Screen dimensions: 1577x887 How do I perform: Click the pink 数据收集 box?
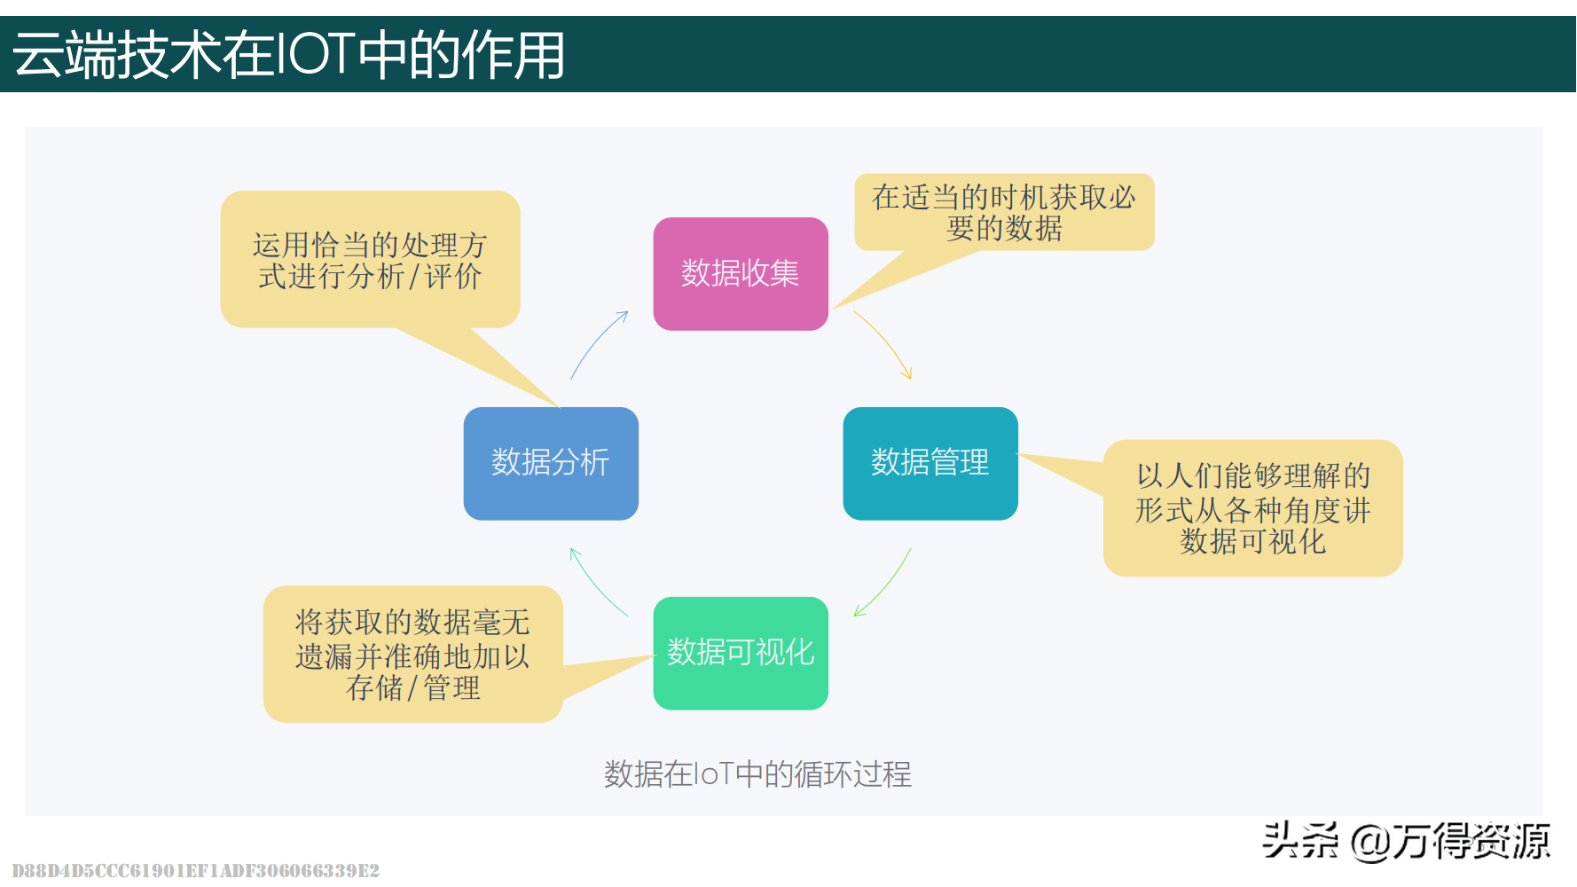(x=741, y=273)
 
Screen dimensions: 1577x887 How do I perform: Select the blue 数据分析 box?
(x=551, y=463)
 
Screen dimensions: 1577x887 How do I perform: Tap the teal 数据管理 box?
(x=930, y=463)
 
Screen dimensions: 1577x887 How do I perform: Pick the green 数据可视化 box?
(x=741, y=653)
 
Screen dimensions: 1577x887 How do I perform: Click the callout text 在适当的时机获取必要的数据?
(x=1004, y=213)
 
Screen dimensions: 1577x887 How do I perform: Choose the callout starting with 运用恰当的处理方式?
(x=370, y=260)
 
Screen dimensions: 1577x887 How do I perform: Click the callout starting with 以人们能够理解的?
(x=1252, y=508)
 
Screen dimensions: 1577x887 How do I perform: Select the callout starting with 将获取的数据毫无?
(x=413, y=655)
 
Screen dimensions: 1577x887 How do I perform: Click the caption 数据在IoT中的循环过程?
(x=757, y=774)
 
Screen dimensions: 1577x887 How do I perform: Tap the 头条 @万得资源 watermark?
(x=1406, y=840)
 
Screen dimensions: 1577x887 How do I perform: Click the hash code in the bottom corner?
(x=196, y=870)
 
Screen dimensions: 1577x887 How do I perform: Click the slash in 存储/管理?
(x=412, y=688)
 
